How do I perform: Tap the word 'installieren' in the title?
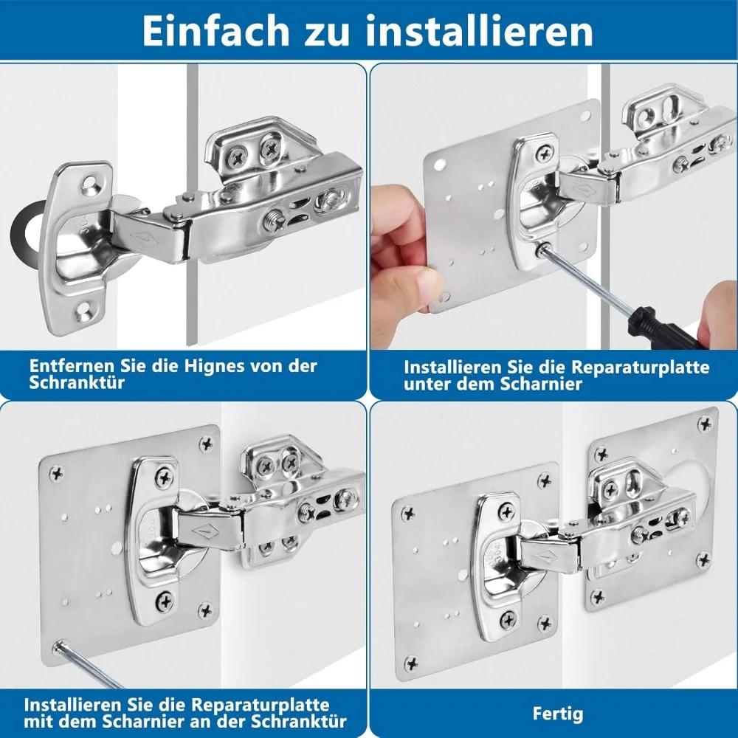click(x=479, y=31)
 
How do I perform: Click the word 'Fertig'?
click(x=557, y=714)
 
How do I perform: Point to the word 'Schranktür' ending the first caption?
click(x=77, y=382)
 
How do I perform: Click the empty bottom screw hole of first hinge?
click(x=83, y=308)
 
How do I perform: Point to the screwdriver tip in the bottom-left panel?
click(x=59, y=646)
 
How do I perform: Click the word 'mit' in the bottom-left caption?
click(x=38, y=721)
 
